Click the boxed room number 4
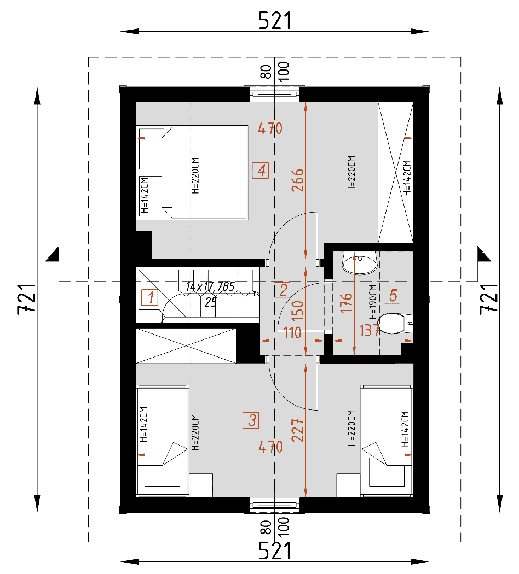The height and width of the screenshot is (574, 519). [x=261, y=171]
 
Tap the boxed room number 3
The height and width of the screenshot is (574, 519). [x=251, y=420]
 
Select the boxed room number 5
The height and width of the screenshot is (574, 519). [x=392, y=295]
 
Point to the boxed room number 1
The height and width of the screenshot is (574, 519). [x=150, y=297]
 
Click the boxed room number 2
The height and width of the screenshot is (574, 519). [x=282, y=290]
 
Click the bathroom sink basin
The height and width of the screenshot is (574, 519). [x=360, y=262]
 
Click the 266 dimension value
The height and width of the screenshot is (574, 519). [x=298, y=180]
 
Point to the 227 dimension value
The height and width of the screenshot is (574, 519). [x=298, y=430]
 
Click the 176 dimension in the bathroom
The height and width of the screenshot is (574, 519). [x=347, y=303]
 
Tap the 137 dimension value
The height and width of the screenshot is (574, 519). [x=370, y=331]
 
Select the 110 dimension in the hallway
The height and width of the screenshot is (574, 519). [x=292, y=333]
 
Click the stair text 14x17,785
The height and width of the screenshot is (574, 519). [x=210, y=286]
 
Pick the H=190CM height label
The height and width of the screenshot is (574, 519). [x=373, y=302]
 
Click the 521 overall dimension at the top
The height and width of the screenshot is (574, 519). [x=275, y=21]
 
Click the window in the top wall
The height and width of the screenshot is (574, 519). [x=275, y=94]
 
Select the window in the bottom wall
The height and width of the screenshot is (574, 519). [x=275, y=505]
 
